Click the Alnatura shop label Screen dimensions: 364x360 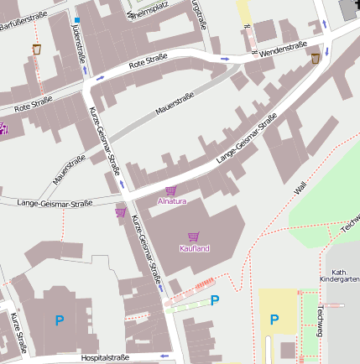click(172, 201)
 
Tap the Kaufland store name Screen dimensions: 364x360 click(194, 248)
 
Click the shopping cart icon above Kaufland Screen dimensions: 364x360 click(194, 237)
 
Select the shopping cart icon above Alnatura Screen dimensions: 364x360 click(171, 190)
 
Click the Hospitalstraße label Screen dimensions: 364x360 click(105, 357)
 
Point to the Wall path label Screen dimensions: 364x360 click(300, 188)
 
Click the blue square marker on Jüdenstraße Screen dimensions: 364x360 click(76, 19)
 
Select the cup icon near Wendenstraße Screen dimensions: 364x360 click(316, 58)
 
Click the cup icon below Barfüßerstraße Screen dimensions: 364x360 click(36, 49)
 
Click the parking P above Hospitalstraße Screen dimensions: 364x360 click(60, 320)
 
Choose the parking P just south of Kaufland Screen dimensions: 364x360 click(215, 300)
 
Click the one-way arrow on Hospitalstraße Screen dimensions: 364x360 click(164, 357)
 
